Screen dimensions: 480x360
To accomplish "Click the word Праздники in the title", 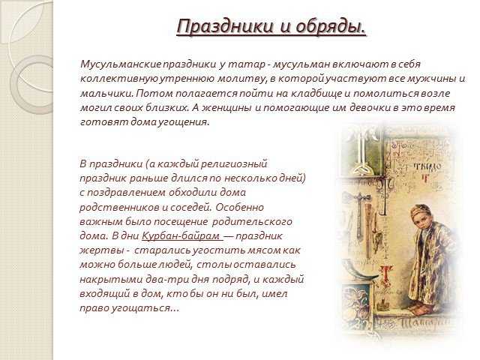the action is [x=225, y=26].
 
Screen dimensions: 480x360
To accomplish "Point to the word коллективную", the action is [x=119, y=79].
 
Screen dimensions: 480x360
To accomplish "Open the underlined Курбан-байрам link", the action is [x=182, y=236].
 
